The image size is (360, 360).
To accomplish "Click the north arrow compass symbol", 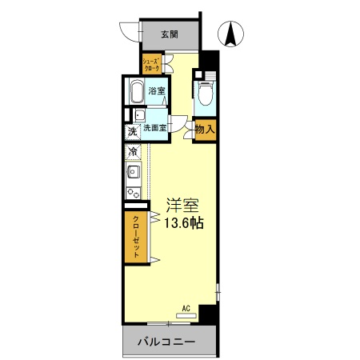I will coord(232,34).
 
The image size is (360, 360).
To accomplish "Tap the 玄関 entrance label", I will coord(169,34).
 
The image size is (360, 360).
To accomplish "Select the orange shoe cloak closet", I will coord(151,65).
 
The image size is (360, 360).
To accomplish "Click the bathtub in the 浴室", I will coord(136,91).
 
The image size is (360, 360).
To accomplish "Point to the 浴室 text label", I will coord(157,91).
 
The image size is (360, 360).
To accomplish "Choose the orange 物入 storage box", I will coord(204,128).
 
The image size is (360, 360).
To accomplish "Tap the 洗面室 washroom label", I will coord(154,128).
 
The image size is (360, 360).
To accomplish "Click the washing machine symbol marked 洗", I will coord(131,131).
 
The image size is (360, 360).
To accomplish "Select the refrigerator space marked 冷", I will coord(131,150).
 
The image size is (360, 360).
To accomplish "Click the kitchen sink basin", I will coord(132,173).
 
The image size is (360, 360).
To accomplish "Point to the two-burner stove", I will coord(132,193).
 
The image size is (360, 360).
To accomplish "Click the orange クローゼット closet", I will coord(136,237).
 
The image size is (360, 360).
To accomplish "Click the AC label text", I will coord(186,307).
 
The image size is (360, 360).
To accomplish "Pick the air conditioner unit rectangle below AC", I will coord(186,315).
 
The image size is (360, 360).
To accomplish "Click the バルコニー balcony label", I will coord(166,342).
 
